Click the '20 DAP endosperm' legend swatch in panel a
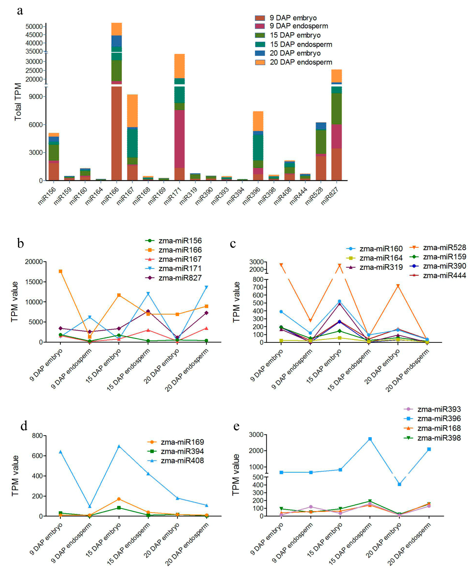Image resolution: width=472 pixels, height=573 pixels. click(x=260, y=62)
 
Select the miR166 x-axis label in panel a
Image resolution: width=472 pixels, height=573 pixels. click(x=110, y=196)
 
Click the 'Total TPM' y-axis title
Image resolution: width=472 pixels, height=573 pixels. click(x=18, y=102)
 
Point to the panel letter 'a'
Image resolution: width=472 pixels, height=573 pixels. click(x=20, y=11)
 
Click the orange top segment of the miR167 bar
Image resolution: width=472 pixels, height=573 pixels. click(x=132, y=110)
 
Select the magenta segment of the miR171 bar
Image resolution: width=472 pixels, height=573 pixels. click(x=179, y=139)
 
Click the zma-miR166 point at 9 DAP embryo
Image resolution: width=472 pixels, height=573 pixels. click(x=60, y=271)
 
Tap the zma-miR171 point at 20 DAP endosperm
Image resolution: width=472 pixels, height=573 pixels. click(x=206, y=287)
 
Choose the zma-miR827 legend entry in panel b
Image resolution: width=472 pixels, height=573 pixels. click(x=180, y=278)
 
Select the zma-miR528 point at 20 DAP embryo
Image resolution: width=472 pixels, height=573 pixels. click(x=398, y=286)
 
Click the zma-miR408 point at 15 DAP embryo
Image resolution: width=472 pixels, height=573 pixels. click(x=119, y=446)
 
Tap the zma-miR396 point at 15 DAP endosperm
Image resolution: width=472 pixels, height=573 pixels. click(x=370, y=439)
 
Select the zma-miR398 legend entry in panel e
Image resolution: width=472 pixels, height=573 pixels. click(x=439, y=438)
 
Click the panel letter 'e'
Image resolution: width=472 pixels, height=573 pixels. click(x=236, y=426)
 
